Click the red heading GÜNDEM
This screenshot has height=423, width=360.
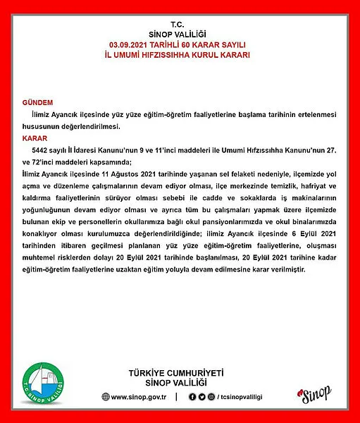(37, 102)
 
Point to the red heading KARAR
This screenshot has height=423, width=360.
(35, 139)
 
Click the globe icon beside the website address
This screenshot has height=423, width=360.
(105, 397)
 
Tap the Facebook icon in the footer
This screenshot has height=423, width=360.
(192, 397)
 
